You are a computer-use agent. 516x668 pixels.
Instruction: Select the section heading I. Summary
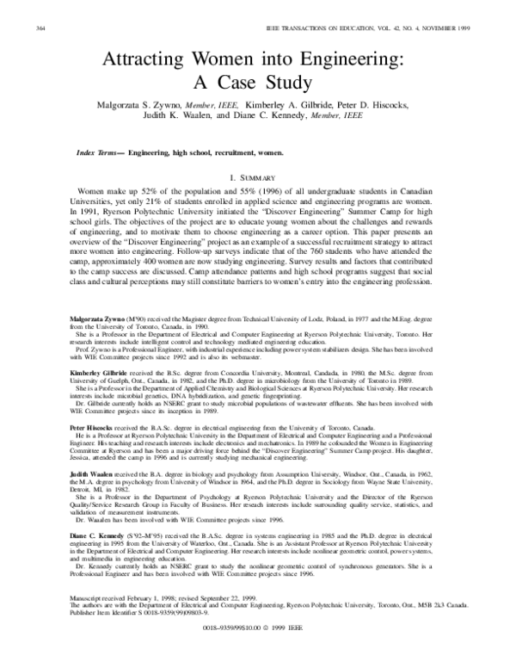point(258,176)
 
